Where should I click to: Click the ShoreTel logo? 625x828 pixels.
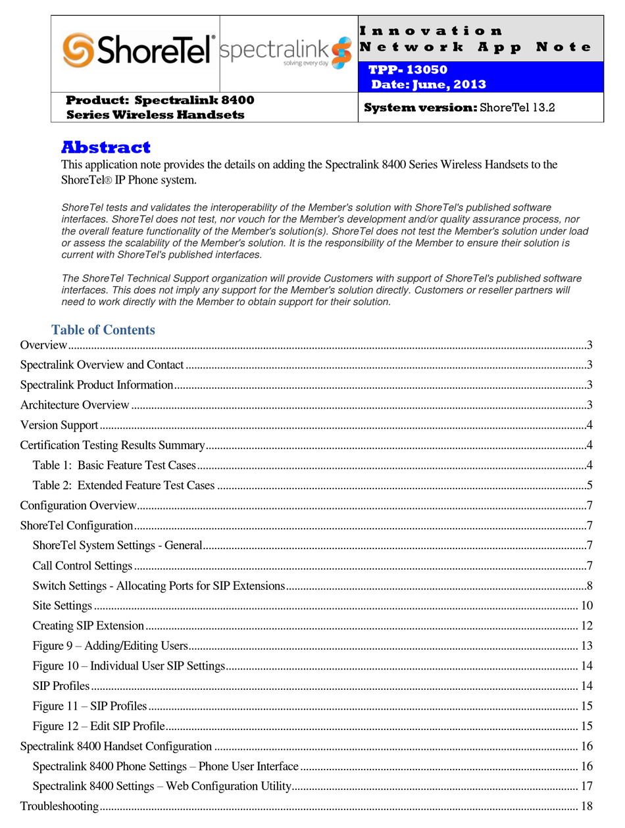click(x=138, y=51)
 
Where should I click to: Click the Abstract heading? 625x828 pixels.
click(x=106, y=147)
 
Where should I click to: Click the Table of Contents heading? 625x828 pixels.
click(x=103, y=329)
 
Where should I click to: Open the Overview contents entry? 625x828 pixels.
click(x=43, y=345)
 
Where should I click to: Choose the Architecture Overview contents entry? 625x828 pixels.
click(x=75, y=405)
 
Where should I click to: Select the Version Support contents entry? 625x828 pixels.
click(x=59, y=426)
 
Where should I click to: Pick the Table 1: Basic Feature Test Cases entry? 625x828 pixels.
click(x=114, y=466)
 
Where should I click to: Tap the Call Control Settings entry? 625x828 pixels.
click(x=82, y=566)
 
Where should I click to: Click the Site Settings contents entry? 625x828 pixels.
click(x=63, y=606)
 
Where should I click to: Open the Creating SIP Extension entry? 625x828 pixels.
click(x=88, y=626)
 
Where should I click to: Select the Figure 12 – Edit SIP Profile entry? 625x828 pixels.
click(x=99, y=727)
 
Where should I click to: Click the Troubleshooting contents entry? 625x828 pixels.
click(x=59, y=806)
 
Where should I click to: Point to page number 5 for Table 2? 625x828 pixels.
click(x=590, y=486)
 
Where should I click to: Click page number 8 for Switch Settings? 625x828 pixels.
click(x=590, y=586)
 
